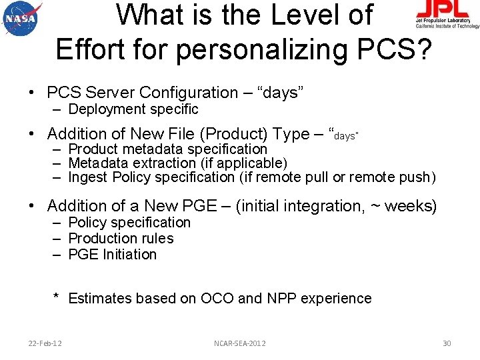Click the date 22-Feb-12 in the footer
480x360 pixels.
tap(45, 343)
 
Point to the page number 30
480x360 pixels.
tap(447, 343)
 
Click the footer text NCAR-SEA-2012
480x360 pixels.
tap(240, 343)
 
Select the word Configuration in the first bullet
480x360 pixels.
tap(190, 93)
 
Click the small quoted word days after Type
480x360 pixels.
tap(345, 136)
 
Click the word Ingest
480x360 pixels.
tap(89, 177)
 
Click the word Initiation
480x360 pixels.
tap(130, 255)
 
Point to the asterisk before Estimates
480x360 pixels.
tap(57, 297)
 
